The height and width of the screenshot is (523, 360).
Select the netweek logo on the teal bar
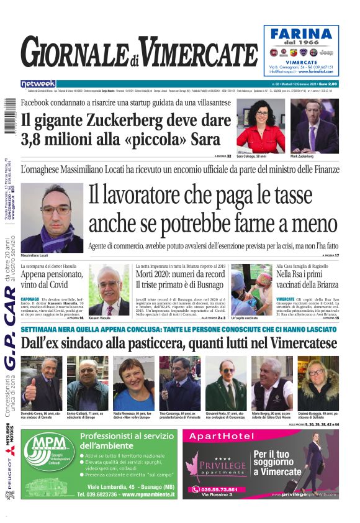(x=38, y=84)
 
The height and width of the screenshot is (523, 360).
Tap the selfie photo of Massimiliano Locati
(x=52, y=217)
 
